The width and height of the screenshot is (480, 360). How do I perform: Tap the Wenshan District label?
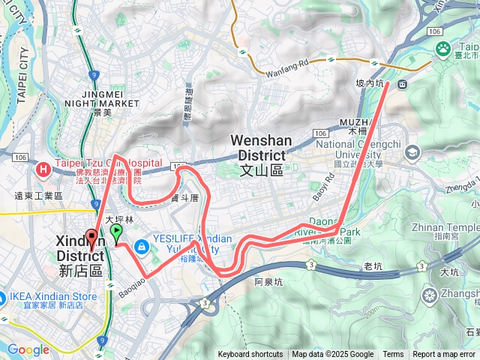tap(256, 154)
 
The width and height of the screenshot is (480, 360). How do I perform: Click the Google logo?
tap(28, 349)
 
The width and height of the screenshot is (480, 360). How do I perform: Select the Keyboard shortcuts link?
tap(250, 355)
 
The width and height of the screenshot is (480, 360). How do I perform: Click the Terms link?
tap(393, 355)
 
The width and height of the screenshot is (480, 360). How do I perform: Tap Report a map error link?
tap(444, 355)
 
